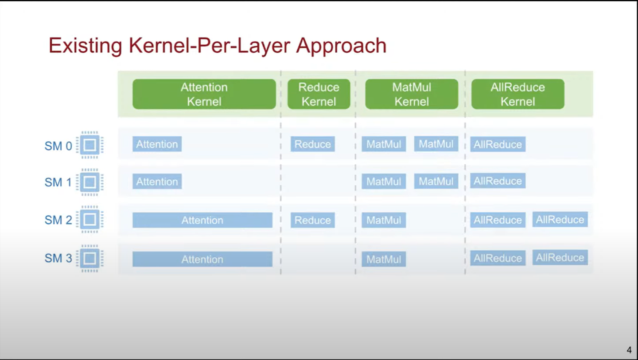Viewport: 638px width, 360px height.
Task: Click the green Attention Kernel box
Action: point(204,94)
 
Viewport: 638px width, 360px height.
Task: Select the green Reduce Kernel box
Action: point(319,94)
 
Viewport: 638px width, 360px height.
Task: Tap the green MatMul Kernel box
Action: point(411,94)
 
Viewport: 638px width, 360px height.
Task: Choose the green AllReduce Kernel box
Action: point(517,94)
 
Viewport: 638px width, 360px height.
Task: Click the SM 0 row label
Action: point(58,146)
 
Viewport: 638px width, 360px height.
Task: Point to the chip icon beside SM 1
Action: point(90,182)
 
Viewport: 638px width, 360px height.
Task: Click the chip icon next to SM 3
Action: point(90,258)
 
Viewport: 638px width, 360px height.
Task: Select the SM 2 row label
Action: point(58,220)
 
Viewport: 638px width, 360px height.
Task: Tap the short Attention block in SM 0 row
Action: point(157,144)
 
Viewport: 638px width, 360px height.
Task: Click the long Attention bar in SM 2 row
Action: point(202,220)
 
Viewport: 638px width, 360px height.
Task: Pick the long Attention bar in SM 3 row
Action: point(202,259)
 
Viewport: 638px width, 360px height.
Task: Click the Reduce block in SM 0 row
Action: point(312,144)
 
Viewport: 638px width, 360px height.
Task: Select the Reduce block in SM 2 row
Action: point(312,220)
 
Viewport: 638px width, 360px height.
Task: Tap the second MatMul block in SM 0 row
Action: point(436,144)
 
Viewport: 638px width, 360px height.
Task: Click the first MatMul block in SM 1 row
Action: point(383,182)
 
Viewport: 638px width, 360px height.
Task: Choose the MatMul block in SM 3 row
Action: point(383,259)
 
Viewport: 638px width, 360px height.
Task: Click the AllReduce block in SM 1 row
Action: point(498,181)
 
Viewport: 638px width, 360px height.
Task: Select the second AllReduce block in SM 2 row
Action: point(560,220)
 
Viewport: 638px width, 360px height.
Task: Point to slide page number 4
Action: point(629,350)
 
